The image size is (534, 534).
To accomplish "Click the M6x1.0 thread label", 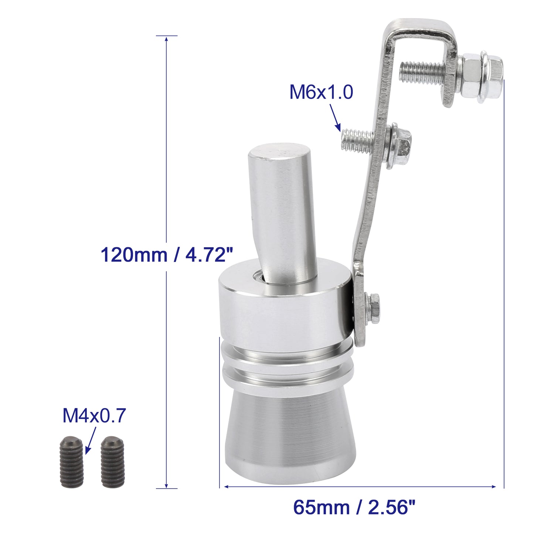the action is click(x=321, y=92).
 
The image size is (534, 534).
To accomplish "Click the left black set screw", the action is click(x=71, y=466).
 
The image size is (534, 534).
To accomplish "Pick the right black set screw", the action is click(x=112, y=466).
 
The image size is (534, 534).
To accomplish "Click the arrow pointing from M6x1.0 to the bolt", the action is click(x=335, y=118).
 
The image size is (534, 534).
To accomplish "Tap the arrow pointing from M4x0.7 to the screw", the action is click(x=91, y=441).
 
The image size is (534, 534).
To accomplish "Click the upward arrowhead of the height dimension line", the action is click(x=166, y=39).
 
